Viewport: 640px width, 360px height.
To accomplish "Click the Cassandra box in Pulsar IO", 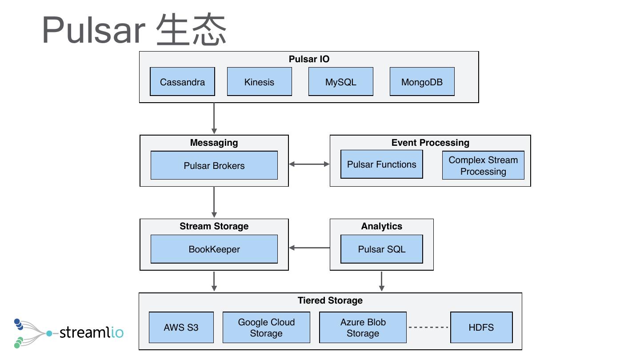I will [x=182, y=82].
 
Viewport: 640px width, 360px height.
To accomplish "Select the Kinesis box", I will [x=259, y=82].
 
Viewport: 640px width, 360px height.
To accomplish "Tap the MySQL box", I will [x=340, y=82].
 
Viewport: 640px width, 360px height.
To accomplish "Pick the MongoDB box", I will [x=422, y=82].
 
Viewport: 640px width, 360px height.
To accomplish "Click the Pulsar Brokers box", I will [x=214, y=165].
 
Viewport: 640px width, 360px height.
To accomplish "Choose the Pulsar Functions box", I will [x=381, y=164].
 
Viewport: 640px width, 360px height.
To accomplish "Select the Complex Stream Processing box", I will [x=483, y=165].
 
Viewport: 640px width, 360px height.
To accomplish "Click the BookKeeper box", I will [x=214, y=249].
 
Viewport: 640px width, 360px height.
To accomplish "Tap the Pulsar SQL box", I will [x=381, y=249].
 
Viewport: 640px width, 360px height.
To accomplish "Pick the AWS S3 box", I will [x=181, y=328].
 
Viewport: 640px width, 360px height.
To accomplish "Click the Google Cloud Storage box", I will [x=266, y=328].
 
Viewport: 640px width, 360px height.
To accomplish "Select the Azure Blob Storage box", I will [x=363, y=328].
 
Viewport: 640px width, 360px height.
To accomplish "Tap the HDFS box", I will [x=481, y=328].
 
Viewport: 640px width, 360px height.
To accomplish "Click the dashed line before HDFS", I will [x=428, y=328].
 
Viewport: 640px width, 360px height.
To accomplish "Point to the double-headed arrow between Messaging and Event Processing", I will [x=309, y=164].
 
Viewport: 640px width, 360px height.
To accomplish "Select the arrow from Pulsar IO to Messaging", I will [x=214, y=118].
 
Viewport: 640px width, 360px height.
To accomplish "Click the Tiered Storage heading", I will [x=330, y=300].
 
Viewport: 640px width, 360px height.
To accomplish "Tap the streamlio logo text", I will [x=91, y=332].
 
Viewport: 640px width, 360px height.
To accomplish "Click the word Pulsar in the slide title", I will [x=93, y=30].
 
